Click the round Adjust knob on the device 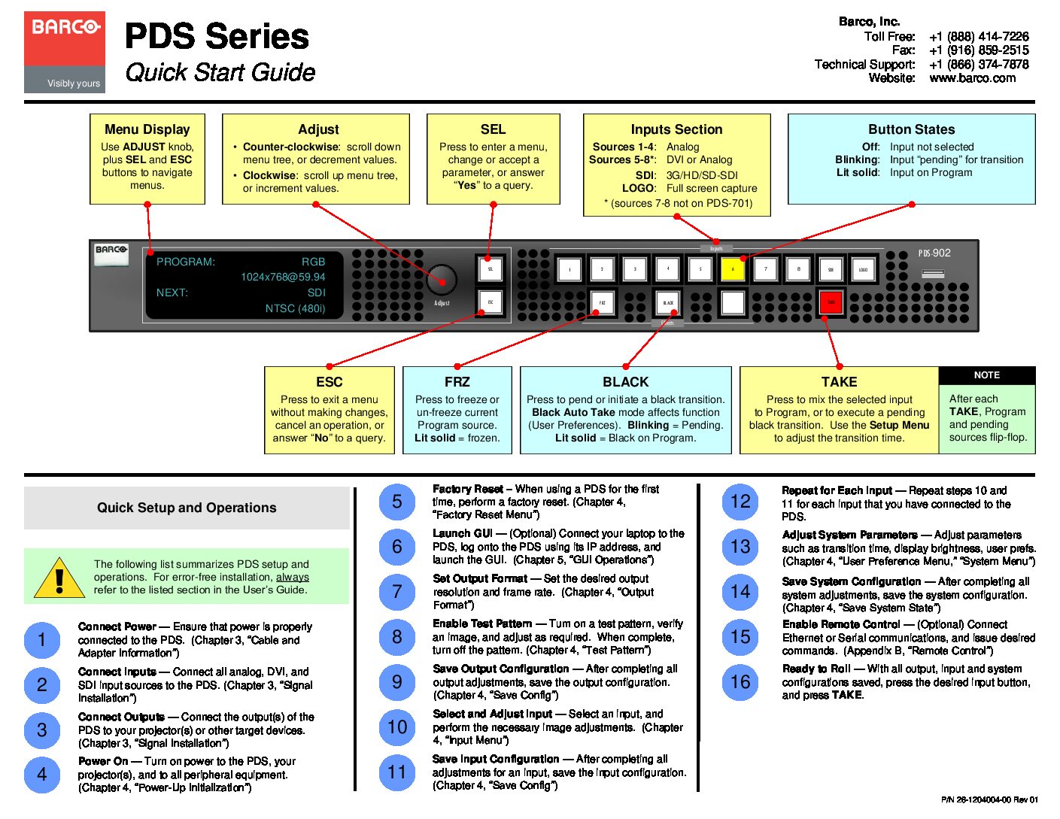click(442, 280)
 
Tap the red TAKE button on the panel click(831, 302)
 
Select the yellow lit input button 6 click(733, 269)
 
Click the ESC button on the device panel click(491, 302)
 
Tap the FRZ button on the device click(602, 302)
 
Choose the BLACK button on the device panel click(668, 302)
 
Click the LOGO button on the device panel click(863, 269)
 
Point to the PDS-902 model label click(934, 253)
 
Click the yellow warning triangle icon click(59, 578)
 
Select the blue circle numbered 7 click(397, 592)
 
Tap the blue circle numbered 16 click(740, 682)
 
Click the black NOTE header click(986, 375)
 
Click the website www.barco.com click(972, 78)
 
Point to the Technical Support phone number click(978, 65)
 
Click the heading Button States click(911, 129)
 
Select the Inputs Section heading click(676, 129)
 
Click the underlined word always click(292, 577)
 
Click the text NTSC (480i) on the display click(295, 308)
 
